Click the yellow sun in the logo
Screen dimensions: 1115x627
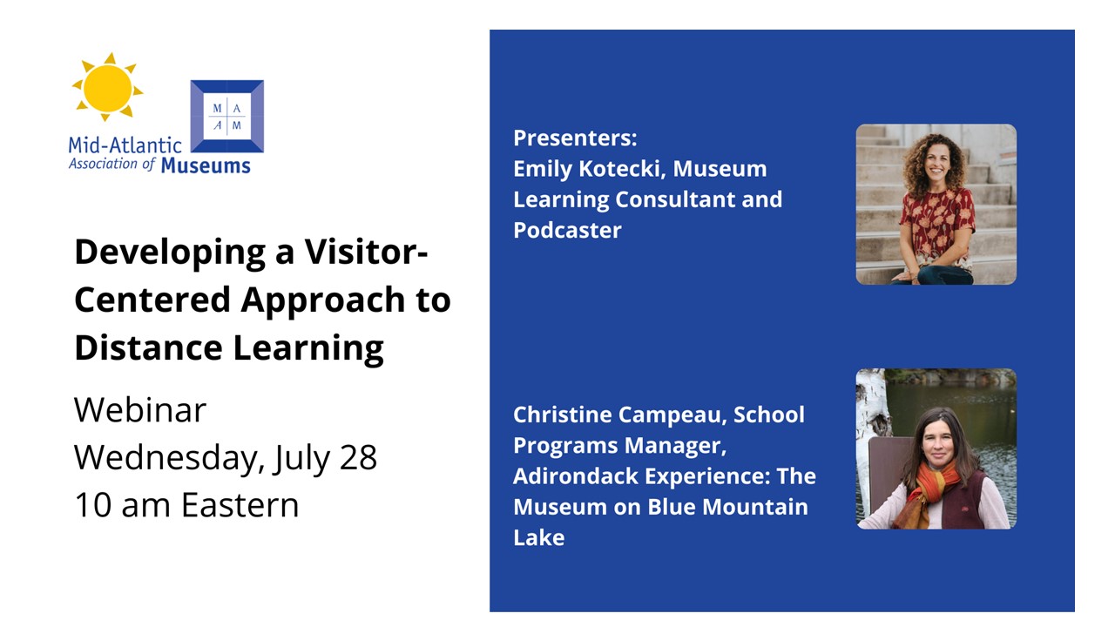pos(107,87)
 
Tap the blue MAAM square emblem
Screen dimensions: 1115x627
pos(227,116)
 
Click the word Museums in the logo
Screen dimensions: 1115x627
pos(206,165)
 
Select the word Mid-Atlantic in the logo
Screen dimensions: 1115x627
pos(125,145)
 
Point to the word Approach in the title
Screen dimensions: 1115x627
pos(323,301)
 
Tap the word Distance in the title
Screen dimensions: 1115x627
pos(148,347)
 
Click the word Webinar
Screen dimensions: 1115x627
pos(140,410)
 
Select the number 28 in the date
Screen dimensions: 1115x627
pos(358,457)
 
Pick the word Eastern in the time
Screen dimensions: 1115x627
pos(240,505)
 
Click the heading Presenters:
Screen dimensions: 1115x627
pos(575,138)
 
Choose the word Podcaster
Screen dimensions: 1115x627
pos(567,230)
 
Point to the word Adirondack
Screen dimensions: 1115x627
pos(576,476)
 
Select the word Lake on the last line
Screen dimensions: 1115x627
pos(539,537)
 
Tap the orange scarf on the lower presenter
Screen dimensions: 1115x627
pos(925,494)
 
